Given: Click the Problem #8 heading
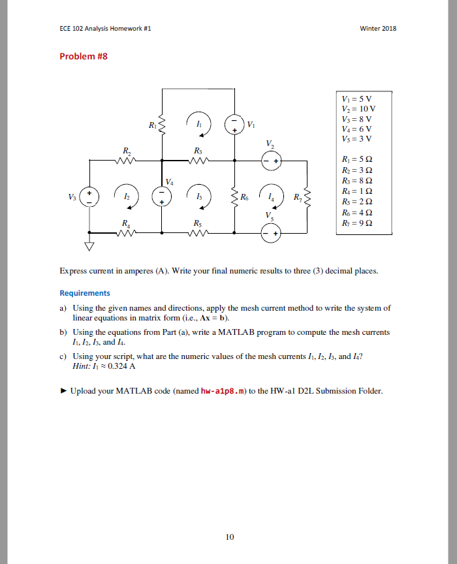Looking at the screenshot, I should (x=84, y=56).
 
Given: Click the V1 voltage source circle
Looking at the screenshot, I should (x=234, y=124).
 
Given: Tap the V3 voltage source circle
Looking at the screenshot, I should (x=90, y=196).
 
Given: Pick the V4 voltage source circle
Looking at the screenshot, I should (x=162, y=196).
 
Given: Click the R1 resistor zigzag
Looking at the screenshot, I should (x=162, y=124).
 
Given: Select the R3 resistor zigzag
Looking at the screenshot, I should (x=198, y=160).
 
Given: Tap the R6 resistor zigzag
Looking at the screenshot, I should (x=234, y=196).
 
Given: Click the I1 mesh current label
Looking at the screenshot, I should (x=199, y=123).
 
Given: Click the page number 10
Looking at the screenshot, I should (x=228, y=537).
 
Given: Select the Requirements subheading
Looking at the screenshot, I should (x=85, y=293).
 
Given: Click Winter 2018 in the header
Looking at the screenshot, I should (x=378, y=29).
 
